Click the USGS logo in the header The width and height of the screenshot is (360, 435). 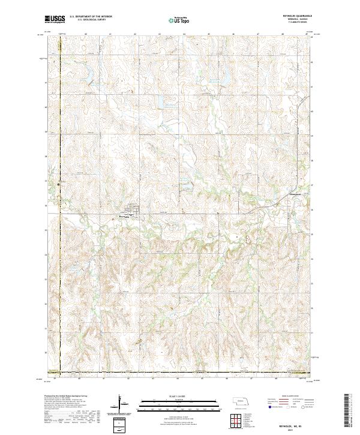click(x=55, y=19)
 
